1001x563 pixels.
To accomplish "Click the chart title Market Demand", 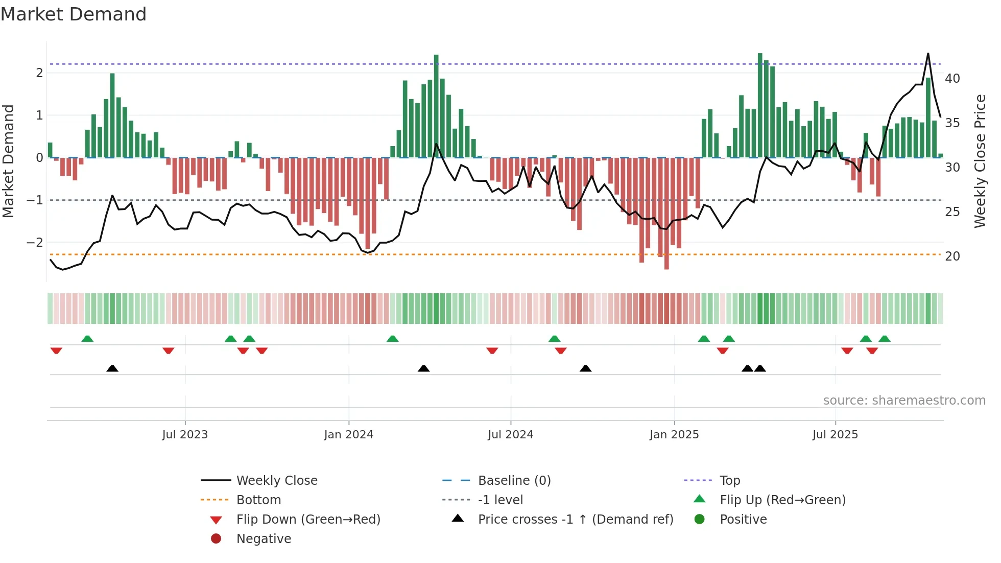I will click(74, 14).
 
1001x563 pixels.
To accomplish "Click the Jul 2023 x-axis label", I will click(185, 435).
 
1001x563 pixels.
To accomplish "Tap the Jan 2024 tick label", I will click(348, 435).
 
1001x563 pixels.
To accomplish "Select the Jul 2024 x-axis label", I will click(510, 435).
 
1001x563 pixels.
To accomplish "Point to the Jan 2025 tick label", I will click(674, 435).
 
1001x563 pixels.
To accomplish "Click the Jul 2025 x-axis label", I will click(835, 435).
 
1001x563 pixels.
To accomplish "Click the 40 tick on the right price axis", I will click(952, 79).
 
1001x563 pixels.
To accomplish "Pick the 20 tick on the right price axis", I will click(952, 256).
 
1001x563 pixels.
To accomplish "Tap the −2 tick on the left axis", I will click(35, 243).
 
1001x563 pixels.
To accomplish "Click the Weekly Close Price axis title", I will click(980, 161).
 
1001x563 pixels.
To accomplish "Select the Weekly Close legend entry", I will click(276, 481).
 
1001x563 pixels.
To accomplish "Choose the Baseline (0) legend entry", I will click(514, 481).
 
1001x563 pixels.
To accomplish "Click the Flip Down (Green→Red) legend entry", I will click(308, 520).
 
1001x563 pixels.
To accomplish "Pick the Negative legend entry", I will click(264, 539).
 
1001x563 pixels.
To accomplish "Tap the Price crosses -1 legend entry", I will click(575, 520).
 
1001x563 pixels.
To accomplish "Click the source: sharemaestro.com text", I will click(904, 401).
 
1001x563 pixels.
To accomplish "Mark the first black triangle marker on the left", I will click(112, 368).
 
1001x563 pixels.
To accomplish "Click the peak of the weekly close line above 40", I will click(928, 54).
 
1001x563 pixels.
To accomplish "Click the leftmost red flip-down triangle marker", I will click(56, 350).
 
